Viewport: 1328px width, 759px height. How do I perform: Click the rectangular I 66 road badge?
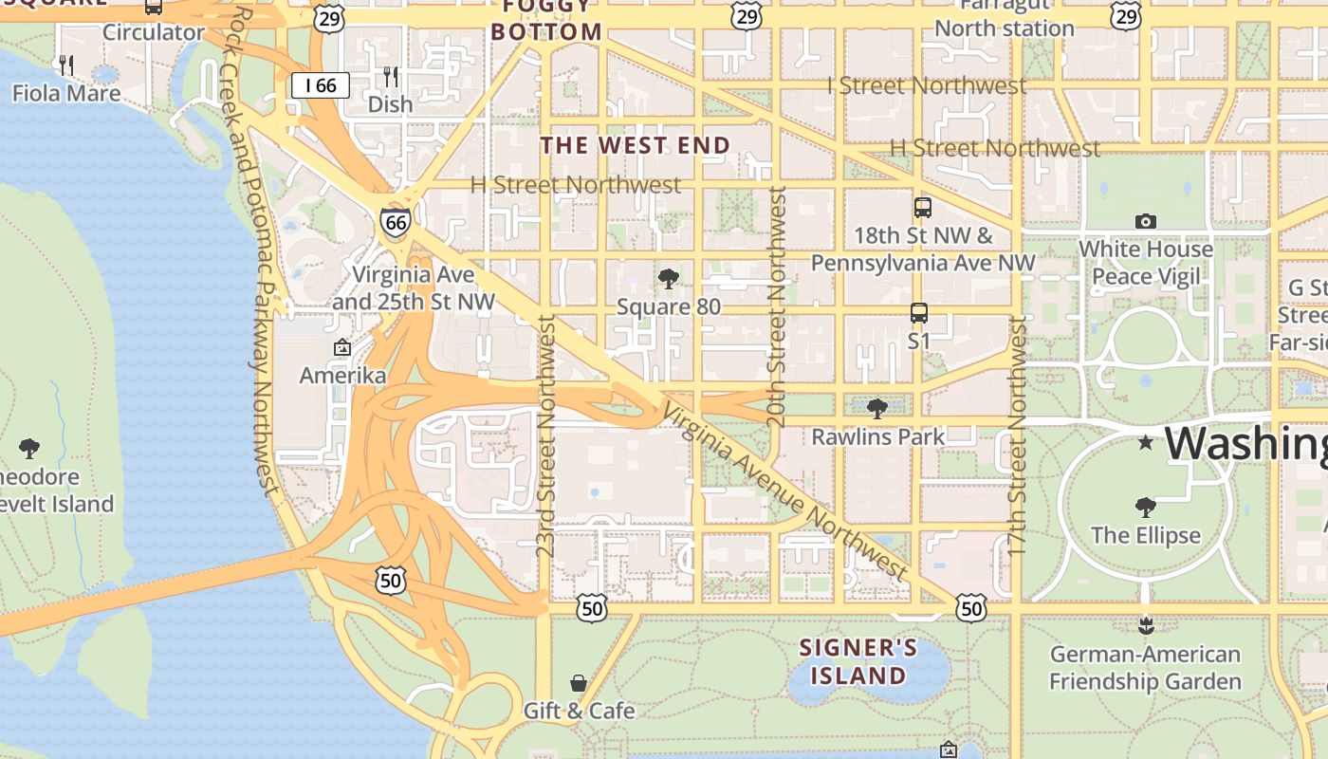click(321, 85)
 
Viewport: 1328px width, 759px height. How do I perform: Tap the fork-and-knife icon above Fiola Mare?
click(66, 65)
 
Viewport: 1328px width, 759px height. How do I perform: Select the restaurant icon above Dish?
click(391, 76)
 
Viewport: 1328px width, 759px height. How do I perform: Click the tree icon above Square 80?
click(669, 278)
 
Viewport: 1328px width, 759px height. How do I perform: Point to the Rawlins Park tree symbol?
click(877, 409)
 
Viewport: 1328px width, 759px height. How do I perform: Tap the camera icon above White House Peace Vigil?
click(1146, 221)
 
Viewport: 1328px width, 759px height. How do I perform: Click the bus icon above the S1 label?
click(918, 312)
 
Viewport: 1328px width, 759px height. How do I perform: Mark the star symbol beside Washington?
click(1146, 442)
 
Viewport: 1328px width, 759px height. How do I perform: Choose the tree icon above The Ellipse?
click(1146, 507)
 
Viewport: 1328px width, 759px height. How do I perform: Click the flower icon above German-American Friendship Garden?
click(1146, 625)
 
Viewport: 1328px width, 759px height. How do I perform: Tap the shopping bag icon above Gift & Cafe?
click(579, 682)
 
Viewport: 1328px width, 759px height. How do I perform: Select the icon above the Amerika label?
click(342, 348)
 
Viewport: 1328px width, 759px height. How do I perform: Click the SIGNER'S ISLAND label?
click(858, 662)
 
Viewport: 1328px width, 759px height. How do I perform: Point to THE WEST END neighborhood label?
click(636, 145)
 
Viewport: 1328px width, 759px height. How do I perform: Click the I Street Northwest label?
click(927, 85)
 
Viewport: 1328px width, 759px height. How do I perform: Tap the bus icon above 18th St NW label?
click(922, 207)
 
